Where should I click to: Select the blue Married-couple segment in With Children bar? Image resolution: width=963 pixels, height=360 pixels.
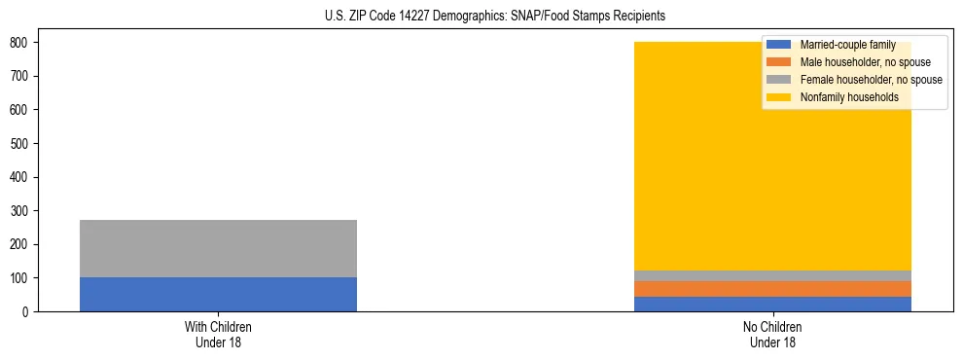pos(218,294)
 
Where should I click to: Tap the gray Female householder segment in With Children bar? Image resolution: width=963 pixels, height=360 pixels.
pos(218,248)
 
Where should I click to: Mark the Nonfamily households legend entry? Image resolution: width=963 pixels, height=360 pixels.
pos(849,97)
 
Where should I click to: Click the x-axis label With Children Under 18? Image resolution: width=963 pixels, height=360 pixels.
pos(218,334)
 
